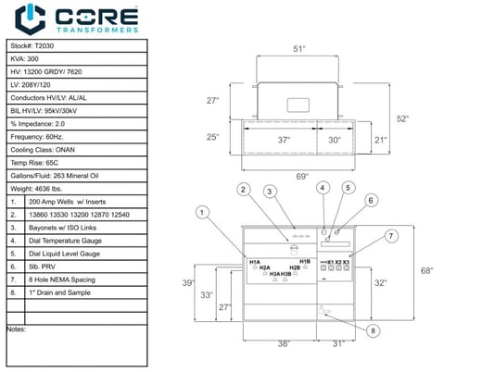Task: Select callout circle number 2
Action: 243,190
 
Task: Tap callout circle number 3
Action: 269,192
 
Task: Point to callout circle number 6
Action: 372,199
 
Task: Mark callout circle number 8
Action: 373,330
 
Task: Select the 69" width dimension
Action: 302,175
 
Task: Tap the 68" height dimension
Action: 451,271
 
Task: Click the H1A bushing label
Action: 255,263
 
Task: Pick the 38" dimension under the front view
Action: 284,343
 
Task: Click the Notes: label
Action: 16,329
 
